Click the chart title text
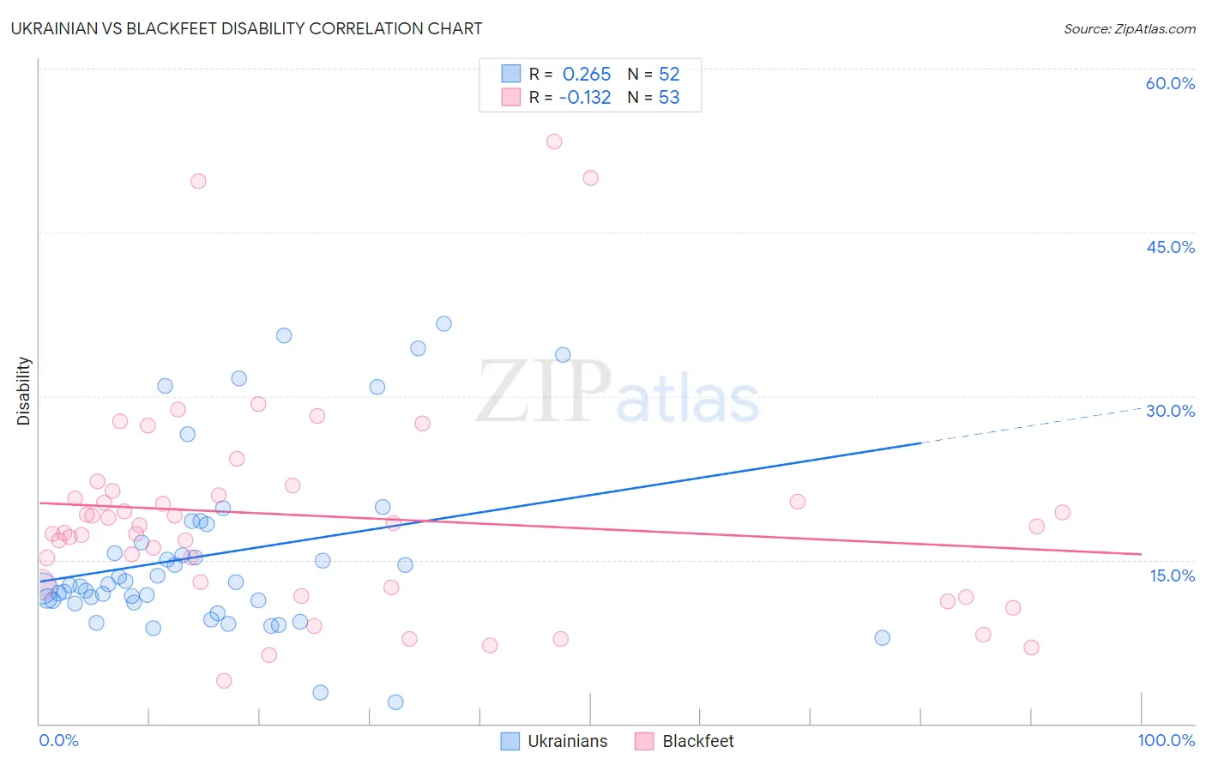[246, 28]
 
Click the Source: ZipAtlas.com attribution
[1129, 28]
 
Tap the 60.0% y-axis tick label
[1170, 83]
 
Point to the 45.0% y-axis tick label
[1170, 247]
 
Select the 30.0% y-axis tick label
[1170, 411]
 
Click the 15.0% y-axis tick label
[1172, 575]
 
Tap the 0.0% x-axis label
[58, 740]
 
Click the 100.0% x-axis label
[1166, 740]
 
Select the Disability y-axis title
[24, 391]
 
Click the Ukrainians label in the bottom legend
[567, 741]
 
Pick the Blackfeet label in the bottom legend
[698, 741]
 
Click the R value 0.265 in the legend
[587, 75]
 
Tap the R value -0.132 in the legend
[585, 98]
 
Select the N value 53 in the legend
[669, 98]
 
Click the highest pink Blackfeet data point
[554, 142]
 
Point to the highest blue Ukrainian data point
[443, 324]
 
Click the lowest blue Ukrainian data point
[395, 702]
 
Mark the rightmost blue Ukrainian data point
[882, 638]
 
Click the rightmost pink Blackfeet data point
[1062, 513]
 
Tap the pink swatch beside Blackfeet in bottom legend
[644, 741]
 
